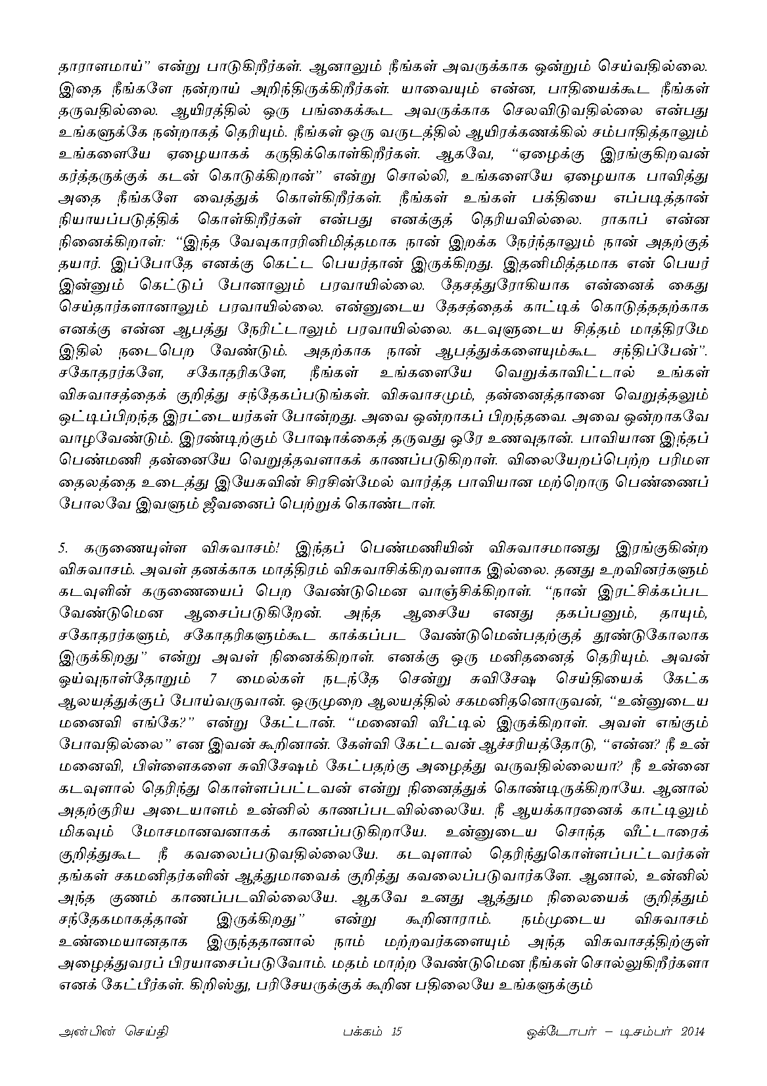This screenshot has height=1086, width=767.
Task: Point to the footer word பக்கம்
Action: [x=360, y=1031]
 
